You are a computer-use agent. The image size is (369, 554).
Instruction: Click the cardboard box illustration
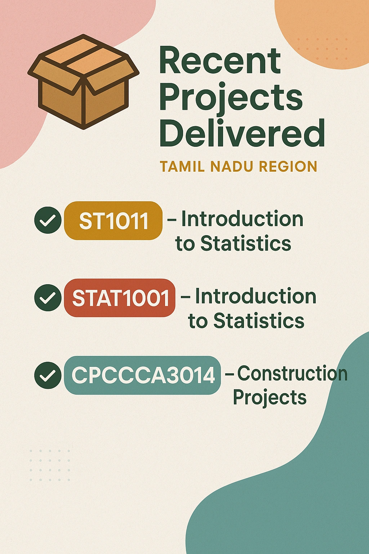pos(83,82)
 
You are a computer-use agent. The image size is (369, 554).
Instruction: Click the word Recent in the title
pos(220,60)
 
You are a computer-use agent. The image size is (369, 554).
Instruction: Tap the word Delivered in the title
pos(242,133)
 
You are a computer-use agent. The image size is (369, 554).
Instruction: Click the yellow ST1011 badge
pos(113,220)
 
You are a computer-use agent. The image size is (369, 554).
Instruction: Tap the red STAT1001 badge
pos(120,298)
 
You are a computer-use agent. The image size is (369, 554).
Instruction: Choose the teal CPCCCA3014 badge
pos(142,375)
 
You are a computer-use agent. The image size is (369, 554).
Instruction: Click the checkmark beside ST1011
pos(48,220)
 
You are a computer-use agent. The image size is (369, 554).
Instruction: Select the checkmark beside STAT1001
pos(48,298)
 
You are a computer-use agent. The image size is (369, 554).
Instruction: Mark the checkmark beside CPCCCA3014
pos(48,375)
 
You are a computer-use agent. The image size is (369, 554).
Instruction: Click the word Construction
pos(292,373)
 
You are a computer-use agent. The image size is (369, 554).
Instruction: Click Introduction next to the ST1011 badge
pos(242,219)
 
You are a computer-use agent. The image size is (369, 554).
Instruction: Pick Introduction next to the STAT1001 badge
pos(255,296)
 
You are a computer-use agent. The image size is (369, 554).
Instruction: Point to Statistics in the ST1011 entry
pos(246,243)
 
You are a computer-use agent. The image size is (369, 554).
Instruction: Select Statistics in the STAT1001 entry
pos(259,321)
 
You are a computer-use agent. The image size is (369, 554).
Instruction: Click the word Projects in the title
pos(231,98)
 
